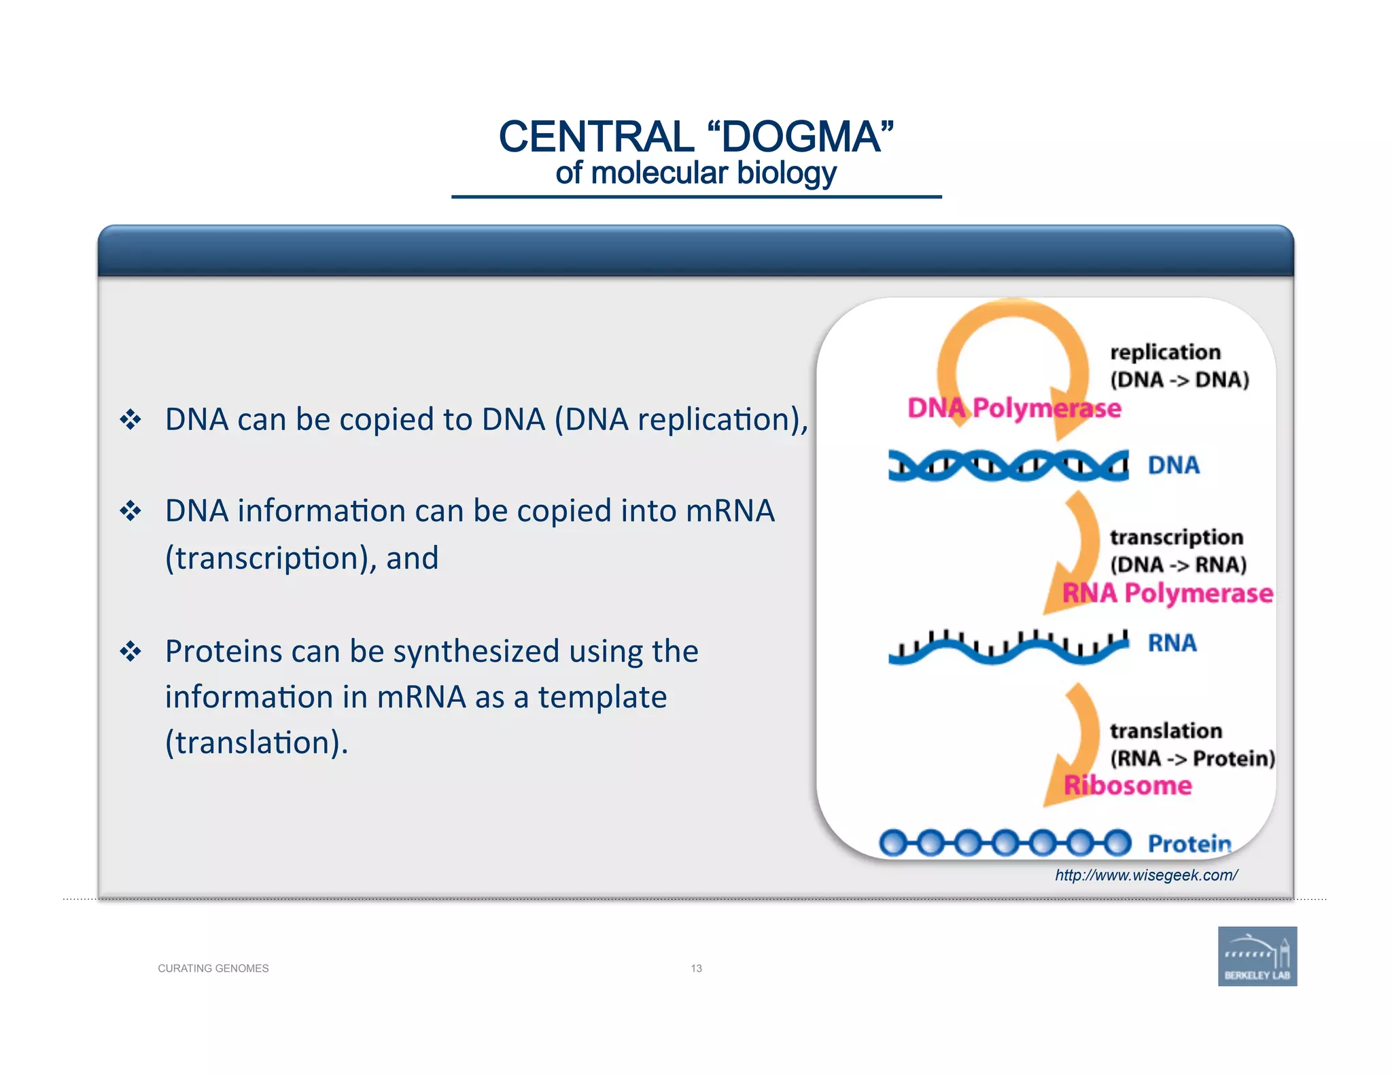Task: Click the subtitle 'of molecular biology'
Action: point(695,173)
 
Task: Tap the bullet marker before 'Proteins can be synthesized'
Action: point(130,652)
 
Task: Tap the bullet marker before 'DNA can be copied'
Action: point(130,419)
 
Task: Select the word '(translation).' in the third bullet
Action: point(256,742)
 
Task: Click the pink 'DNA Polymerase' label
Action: point(1013,408)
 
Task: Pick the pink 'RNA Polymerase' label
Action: point(1167,593)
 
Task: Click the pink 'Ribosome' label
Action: point(1128,786)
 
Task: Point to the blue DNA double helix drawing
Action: point(1008,465)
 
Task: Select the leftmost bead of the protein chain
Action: point(893,843)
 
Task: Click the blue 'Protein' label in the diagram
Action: point(1189,843)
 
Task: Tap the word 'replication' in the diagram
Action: point(1165,352)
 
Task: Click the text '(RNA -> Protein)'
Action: point(1192,758)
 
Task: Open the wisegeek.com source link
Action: point(1146,875)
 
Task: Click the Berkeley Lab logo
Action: point(1257,955)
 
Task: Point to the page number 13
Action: point(696,968)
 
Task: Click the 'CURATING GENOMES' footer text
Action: point(213,968)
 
